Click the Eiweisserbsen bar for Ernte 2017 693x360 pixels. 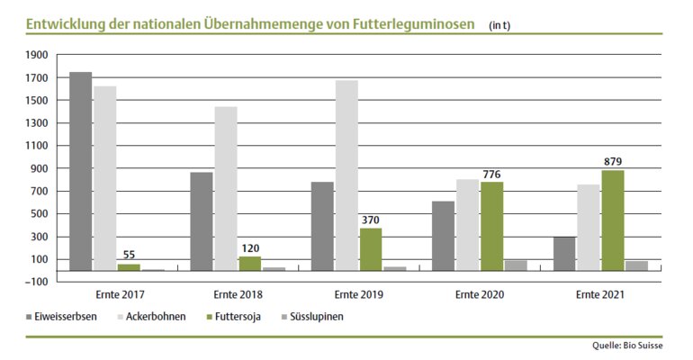(80, 171)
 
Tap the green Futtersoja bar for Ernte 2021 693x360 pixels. (613, 220)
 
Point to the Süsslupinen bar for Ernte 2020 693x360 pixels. (516, 265)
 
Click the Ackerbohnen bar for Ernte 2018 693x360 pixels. (226, 188)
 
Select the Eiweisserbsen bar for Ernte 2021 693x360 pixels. (564, 253)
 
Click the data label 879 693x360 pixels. (613, 161)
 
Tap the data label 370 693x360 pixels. (371, 219)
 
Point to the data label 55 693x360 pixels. (129, 255)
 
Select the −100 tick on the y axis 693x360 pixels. (35, 283)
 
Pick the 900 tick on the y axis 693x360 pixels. (38, 169)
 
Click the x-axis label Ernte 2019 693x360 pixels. (358, 294)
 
